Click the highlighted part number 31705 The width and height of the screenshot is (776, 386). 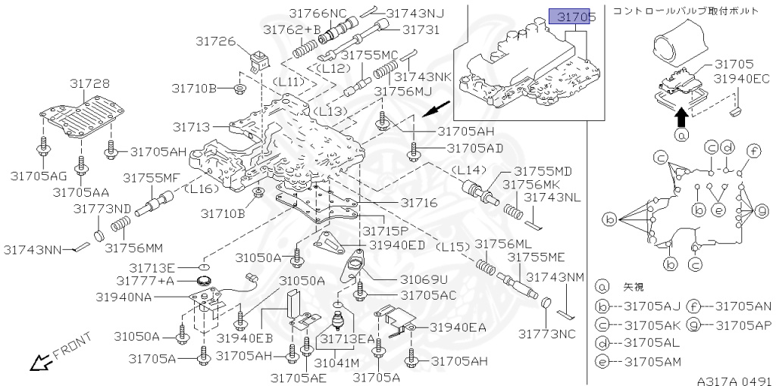[572, 16]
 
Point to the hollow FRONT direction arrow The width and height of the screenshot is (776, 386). [38, 363]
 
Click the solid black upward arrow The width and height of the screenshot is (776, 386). [681, 116]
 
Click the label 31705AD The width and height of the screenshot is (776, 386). [474, 148]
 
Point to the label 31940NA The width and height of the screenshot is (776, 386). [124, 297]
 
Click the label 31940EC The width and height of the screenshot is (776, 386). [740, 78]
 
